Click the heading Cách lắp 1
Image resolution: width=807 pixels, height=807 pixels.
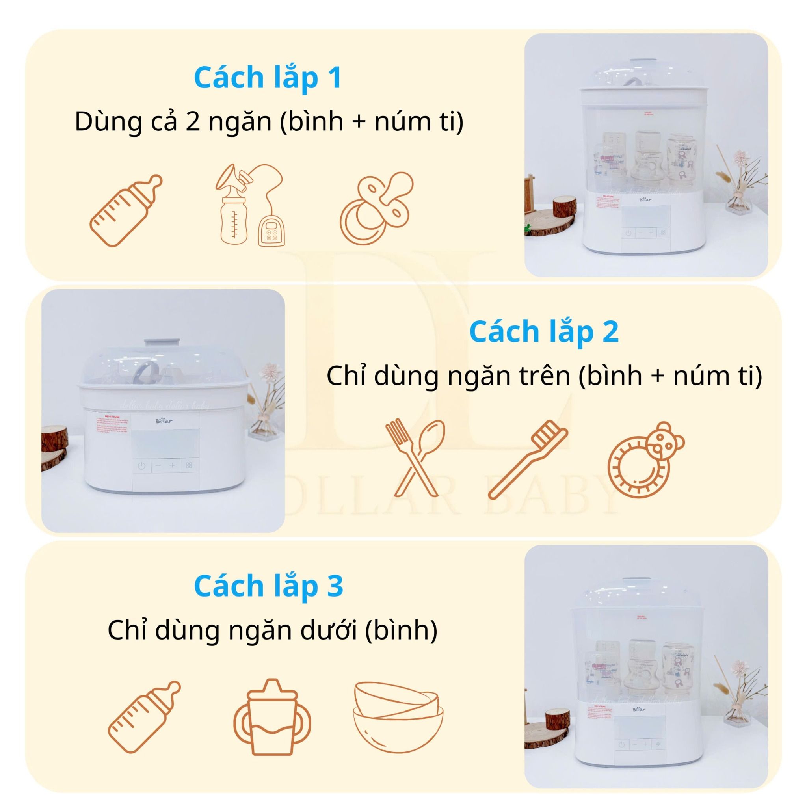(x=268, y=78)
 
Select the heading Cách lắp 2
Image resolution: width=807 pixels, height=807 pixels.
(x=543, y=332)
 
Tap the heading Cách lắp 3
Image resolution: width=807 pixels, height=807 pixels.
(x=269, y=586)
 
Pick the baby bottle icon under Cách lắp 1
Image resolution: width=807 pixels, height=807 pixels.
(x=126, y=210)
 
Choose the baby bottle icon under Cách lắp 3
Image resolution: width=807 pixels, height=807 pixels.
(x=144, y=717)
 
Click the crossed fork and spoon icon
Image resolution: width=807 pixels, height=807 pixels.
(x=415, y=458)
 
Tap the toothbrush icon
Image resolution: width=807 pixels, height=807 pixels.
(x=528, y=460)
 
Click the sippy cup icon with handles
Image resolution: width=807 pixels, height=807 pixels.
(x=272, y=717)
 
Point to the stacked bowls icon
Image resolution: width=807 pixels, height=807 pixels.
(x=398, y=717)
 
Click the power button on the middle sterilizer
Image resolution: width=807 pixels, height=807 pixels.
(x=141, y=466)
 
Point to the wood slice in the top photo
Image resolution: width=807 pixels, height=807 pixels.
(x=564, y=206)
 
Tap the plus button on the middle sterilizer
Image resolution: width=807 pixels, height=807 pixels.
(x=172, y=465)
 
